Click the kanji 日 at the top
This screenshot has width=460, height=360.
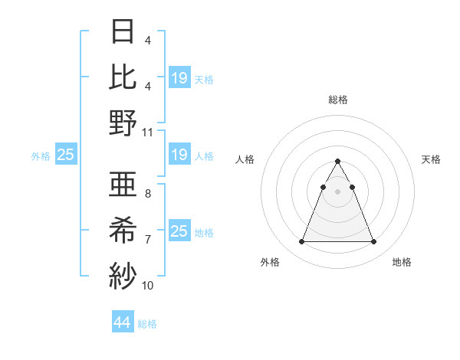coord(123,31)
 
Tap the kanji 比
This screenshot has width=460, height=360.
coord(123,77)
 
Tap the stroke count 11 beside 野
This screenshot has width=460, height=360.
coord(148,132)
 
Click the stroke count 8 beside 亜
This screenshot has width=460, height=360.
coord(147,195)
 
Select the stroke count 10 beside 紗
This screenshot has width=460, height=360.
coord(148,286)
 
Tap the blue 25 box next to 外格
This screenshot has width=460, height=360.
coord(66,155)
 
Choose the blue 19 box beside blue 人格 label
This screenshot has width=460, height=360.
coord(179,155)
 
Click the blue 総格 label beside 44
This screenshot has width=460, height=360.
coord(147,324)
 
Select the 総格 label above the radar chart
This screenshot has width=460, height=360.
coord(337,100)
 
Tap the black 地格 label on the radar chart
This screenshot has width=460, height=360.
coord(402,263)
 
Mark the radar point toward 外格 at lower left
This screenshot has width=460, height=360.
coord(301,242)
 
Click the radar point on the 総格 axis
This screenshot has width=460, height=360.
coord(337,162)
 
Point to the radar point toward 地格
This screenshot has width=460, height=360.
coord(373,242)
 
